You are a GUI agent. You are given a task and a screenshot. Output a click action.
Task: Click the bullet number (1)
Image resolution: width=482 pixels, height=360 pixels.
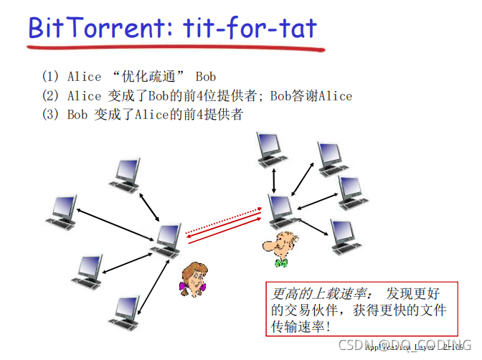pyautogui.click(x=52, y=76)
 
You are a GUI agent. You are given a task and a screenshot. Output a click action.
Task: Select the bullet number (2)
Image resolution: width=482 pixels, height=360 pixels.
pyautogui.click(x=52, y=95)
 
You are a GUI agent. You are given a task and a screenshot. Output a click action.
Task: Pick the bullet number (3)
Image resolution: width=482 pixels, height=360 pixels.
pyautogui.click(x=52, y=115)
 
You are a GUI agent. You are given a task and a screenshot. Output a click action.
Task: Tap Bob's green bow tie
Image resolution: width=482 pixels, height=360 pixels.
pyautogui.click(x=282, y=263)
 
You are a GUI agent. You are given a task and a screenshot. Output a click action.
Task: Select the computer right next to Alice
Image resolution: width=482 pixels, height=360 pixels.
pyautogui.click(x=167, y=240)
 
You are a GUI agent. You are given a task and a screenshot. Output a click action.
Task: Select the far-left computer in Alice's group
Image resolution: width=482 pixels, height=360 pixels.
pyautogui.click(x=62, y=211)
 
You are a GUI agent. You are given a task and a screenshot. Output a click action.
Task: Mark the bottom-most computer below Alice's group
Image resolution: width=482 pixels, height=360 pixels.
pyautogui.click(x=126, y=310)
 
